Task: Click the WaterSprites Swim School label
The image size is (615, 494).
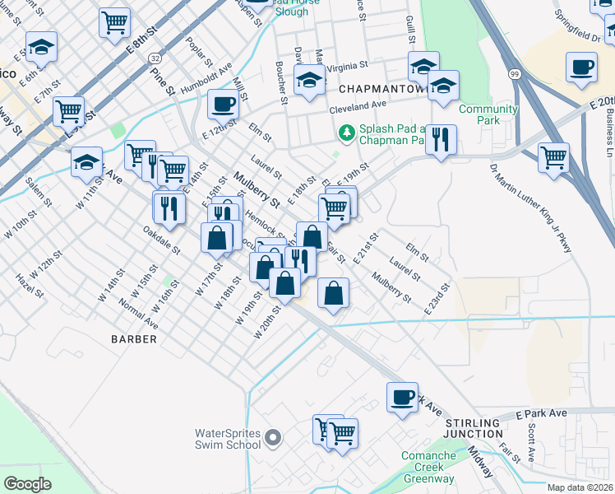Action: [x=226, y=439]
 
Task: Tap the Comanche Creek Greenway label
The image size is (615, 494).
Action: [x=428, y=467]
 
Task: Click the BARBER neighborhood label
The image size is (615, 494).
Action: [x=134, y=339]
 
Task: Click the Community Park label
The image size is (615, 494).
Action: [x=488, y=114]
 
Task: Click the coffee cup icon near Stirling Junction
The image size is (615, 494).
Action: [x=402, y=398]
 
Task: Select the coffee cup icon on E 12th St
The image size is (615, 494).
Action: [x=223, y=105]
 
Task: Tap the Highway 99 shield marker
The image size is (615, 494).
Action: [x=514, y=74]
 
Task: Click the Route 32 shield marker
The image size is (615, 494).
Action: [x=155, y=58]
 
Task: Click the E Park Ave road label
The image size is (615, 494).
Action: [x=542, y=412]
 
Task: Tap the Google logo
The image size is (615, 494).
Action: [x=27, y=483]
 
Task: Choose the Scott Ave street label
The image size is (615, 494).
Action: [x=533, y=443]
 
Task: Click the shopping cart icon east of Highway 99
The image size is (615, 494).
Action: [x=553, y=157]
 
